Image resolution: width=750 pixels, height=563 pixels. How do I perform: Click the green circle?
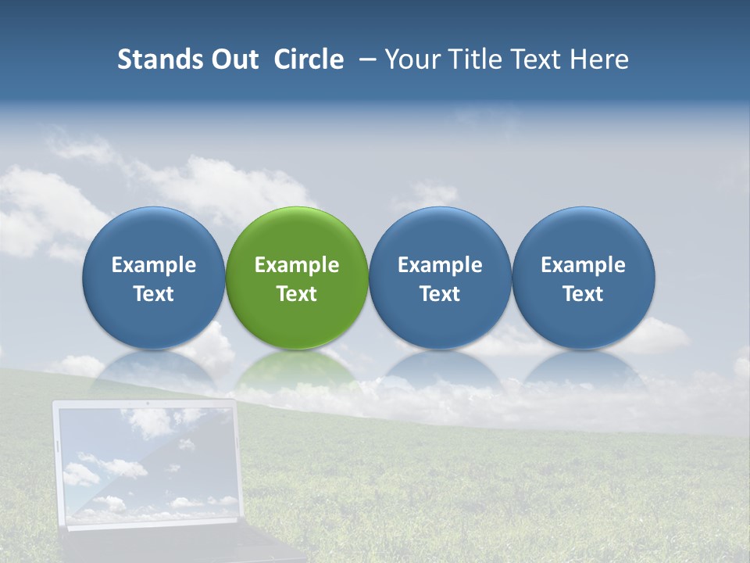point(297,235)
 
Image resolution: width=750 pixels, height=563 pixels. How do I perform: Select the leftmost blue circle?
point(154,235)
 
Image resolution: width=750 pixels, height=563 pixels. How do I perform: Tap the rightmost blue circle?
point(583,235)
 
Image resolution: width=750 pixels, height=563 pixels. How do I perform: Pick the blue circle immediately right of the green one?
point(440,235)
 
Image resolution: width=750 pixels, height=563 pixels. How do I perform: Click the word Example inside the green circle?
point(297,266)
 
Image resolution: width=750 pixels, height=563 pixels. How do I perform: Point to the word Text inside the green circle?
point(297,294)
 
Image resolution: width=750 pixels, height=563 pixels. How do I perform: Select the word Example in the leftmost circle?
point(154,266)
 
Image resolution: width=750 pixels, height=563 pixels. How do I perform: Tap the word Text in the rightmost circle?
point(583,294)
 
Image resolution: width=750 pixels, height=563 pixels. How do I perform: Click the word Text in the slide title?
point(538,59)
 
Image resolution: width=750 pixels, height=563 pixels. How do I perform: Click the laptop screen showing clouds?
point(147,465)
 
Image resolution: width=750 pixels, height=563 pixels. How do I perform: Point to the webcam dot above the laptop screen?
point(147,404)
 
